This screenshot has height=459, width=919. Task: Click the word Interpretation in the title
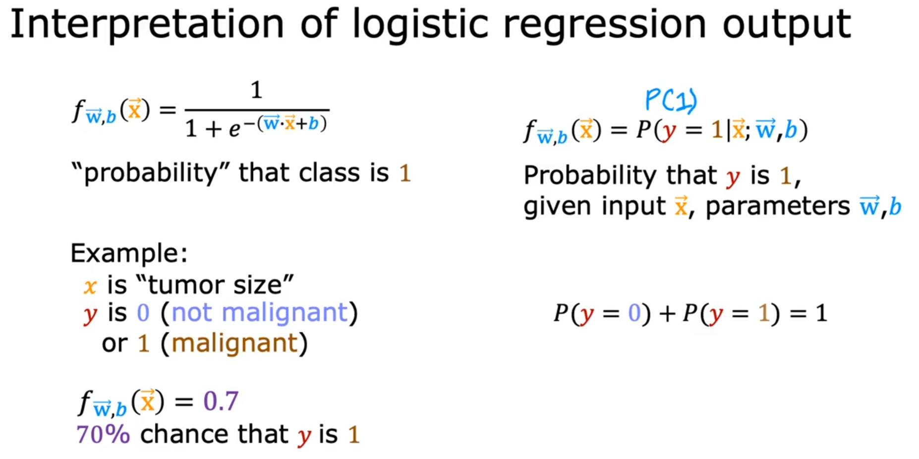coord(147,24)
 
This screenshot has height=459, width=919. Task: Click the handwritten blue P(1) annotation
coord(671,100)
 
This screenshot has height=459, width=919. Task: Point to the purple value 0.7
coord(221,401)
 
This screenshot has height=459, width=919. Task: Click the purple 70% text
coord(103,434)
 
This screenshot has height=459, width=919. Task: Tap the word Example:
coord(129,253)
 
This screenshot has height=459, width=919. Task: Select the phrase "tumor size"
coord(215,285)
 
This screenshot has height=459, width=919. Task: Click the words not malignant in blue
coord(260,313)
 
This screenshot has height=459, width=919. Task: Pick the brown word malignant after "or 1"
coord(234,344)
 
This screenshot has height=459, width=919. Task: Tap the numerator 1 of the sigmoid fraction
coord(256,90)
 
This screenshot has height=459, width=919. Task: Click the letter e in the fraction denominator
coord(234,129)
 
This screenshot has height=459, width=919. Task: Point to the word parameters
coord(777,207)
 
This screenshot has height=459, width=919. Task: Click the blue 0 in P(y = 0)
coord(634,313)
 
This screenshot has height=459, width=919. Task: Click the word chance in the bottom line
coord(214,434)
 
